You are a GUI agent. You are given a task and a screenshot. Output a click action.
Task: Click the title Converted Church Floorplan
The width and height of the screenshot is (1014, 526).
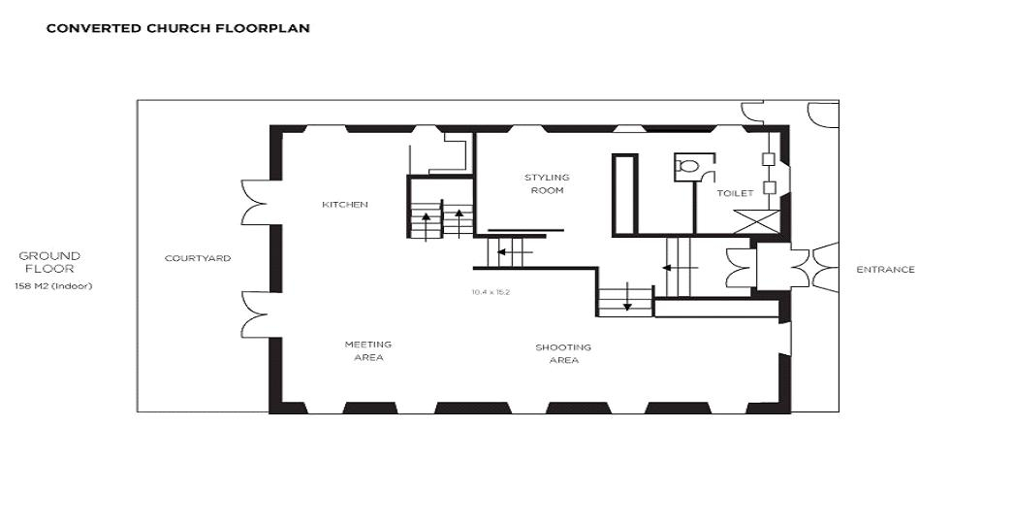tap(177, 28)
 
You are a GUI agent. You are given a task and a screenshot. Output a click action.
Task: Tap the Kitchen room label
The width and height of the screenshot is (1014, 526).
tap(345, 205)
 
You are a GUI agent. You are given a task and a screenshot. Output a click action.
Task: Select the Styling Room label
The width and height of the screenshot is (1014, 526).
tap(547, 184)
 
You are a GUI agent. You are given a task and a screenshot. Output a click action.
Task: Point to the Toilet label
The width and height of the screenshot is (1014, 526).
tap(735, 193)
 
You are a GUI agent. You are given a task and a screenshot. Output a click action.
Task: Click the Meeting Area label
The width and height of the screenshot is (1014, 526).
tap(368, 351)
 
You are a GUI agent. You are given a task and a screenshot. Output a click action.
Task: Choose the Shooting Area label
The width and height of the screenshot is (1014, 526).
tap(563, 353)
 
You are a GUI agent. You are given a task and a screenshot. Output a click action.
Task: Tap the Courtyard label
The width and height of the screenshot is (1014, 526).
tap(197, 258)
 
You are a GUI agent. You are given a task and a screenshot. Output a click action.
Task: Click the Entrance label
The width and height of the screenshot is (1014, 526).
tap(885, 270)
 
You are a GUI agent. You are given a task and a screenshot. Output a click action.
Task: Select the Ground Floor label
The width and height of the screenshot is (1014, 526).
tap(49, 262)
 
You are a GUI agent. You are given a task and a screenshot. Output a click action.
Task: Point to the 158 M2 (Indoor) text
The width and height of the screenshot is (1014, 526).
tap(53, 286)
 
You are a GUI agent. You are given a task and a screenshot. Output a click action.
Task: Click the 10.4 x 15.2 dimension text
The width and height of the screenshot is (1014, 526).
tap(491, 292)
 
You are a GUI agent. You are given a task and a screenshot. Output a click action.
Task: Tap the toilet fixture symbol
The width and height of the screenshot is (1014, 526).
tap(686, 167)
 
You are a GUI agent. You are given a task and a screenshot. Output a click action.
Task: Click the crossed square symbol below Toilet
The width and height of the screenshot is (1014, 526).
tap(757, 221)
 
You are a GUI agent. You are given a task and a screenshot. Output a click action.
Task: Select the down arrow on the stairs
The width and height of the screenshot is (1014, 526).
tap(626, 299)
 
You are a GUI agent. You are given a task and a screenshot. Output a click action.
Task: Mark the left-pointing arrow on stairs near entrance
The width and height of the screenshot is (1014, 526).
tap(680, 268)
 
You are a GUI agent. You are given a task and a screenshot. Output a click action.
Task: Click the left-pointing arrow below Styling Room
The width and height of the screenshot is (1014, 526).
tap(514, 251)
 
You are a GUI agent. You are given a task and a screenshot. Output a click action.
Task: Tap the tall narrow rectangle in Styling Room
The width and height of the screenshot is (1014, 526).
tap(625, 194)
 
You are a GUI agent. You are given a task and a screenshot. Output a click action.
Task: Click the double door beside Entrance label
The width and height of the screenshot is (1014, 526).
tap(825, 267)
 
